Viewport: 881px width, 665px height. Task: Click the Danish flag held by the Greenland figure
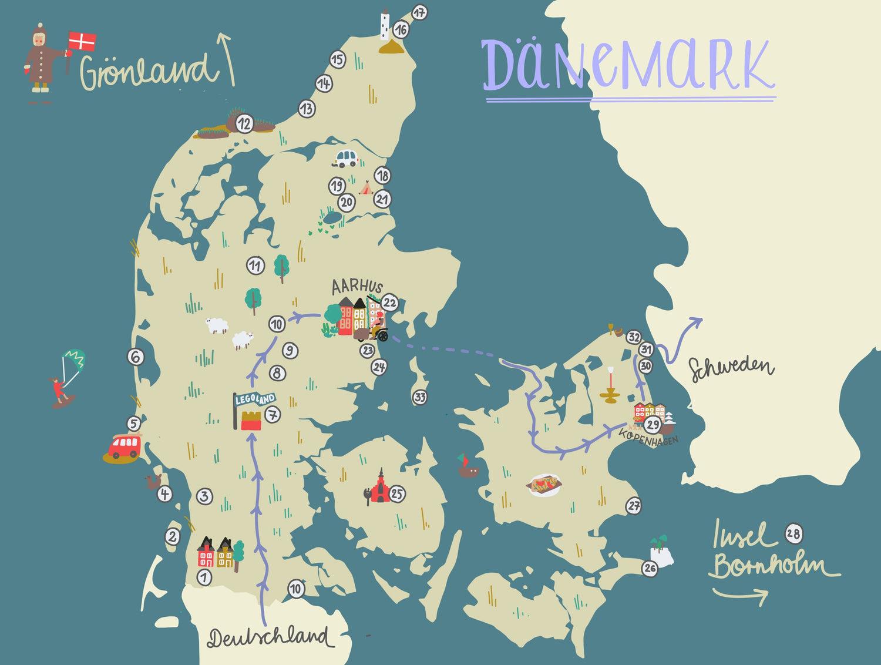(82, 42)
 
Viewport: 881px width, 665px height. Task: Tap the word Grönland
(147, 71)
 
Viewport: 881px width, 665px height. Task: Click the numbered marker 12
(244, 124)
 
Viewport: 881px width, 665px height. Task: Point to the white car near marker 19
(346, 158)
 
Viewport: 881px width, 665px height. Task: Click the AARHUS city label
(357, 286)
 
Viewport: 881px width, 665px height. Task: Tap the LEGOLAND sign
(254, 400)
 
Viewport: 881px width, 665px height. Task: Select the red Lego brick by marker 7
(251, 421)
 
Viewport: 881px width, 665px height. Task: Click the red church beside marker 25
(379, 488)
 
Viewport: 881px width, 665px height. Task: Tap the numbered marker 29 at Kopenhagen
(653, 424)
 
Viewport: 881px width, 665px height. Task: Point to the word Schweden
(731, 368)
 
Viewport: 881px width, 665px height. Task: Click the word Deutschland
(268, 638)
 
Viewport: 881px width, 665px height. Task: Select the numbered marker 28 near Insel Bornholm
(793, 534)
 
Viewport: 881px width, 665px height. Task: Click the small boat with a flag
(468, 466)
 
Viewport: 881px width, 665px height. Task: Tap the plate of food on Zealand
(544, 485)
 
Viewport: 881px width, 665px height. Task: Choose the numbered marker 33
(419, 397)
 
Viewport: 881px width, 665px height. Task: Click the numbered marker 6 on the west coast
(136, 357)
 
